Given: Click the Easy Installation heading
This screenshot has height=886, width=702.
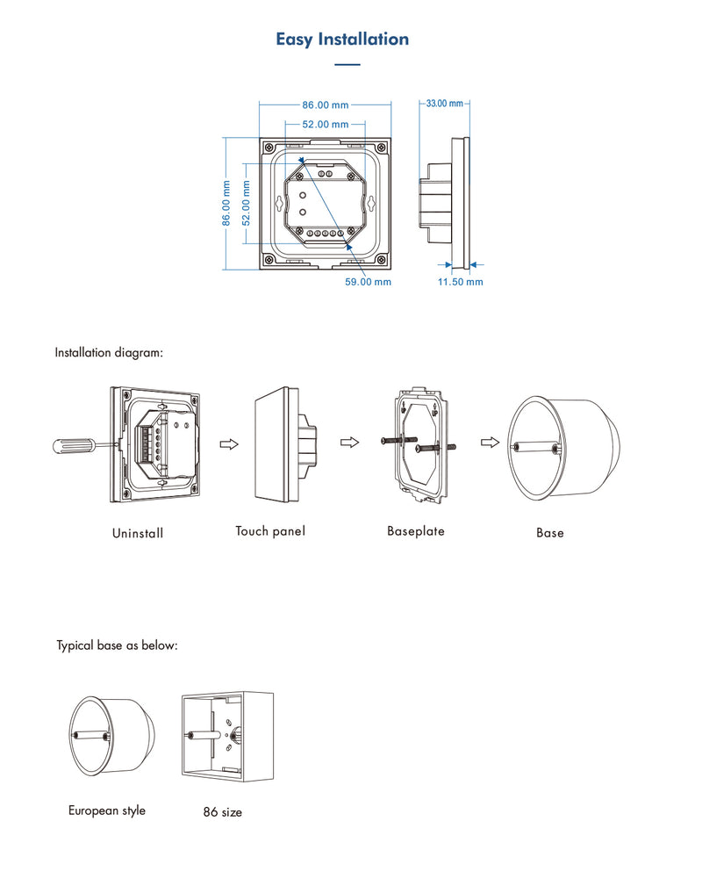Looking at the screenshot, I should [342, 39].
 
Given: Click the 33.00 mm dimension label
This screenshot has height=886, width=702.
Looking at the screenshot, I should [444, 104].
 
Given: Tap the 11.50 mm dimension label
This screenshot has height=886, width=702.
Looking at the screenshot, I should [461, 282].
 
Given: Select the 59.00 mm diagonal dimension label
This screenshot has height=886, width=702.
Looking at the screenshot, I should [369, 282].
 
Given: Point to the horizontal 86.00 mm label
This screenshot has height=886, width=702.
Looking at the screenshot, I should [325, 105].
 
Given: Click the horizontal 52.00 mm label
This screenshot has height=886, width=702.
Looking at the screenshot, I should [326, 125].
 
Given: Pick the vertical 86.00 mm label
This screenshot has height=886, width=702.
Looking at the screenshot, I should [226, 203].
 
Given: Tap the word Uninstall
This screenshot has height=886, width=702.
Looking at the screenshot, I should [138, 533].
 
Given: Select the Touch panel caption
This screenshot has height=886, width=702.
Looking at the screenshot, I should [270, 531].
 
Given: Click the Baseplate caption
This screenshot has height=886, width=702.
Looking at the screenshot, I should [416, 531].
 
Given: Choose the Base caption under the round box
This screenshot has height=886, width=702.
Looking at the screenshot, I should [550, 533].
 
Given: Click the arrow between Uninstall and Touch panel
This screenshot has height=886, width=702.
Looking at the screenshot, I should [228, 444].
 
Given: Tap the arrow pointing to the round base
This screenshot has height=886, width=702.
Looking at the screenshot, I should [490, 443].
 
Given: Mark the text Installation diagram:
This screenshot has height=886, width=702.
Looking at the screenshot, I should [110, 353].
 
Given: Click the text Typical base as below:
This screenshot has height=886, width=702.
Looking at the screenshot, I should [118, 645].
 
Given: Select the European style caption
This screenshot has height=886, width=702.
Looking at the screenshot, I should [107, 810].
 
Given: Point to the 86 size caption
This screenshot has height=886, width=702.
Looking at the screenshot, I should [222, 812].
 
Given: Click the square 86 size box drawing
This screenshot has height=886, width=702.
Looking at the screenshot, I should [226, 734].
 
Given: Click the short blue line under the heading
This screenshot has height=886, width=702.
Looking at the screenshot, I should [348, 65].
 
